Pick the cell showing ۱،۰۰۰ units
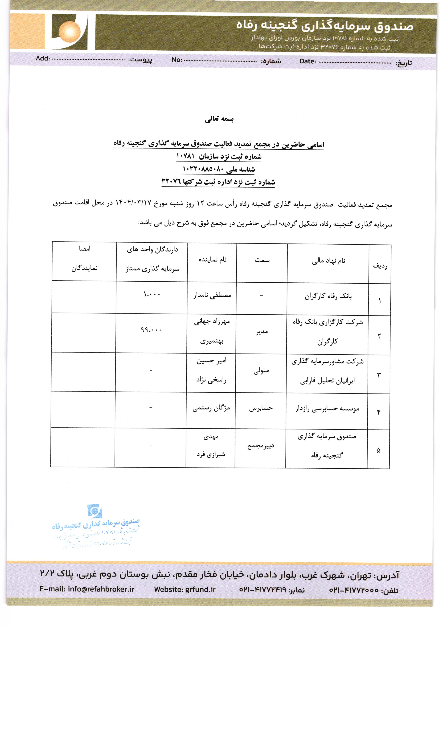pyautogui.click(x=152, y=294)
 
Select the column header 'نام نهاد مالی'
pyautogui.click(x=328, y=261)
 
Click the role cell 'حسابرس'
pyautogui.click(x=261, y=408)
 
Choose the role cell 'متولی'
pyautogui.click(x=261, y=370)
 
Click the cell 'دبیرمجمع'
pyautogui.click(x=261, y=446)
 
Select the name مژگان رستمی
pyautogui.click(x=211, y=408)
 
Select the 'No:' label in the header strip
pyautogui.click(x=177, y=60)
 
